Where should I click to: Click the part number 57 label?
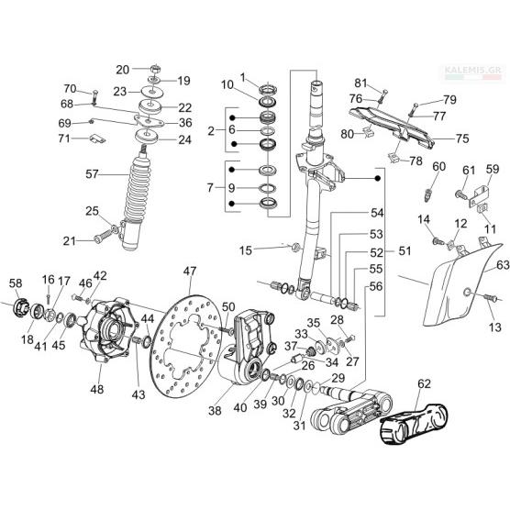tap(92, 174)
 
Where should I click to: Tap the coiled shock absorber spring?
tap(138, 189)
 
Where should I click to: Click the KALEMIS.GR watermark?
tap(474, 70)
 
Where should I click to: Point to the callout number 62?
tap(424, 383)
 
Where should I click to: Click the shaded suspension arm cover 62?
tap(414, 424)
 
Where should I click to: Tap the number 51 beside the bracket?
tap(405, 250)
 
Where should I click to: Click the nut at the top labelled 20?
tap(155, 69)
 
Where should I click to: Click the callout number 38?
tap(215, 411)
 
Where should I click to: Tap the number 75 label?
tap(462, 139)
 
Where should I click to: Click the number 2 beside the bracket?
tap(211, 131)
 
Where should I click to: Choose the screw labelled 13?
tap(490, 297)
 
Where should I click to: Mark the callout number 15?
tap(246, 250)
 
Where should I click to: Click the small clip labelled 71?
tap(97, 139)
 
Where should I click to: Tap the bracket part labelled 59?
tap(479, 195)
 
